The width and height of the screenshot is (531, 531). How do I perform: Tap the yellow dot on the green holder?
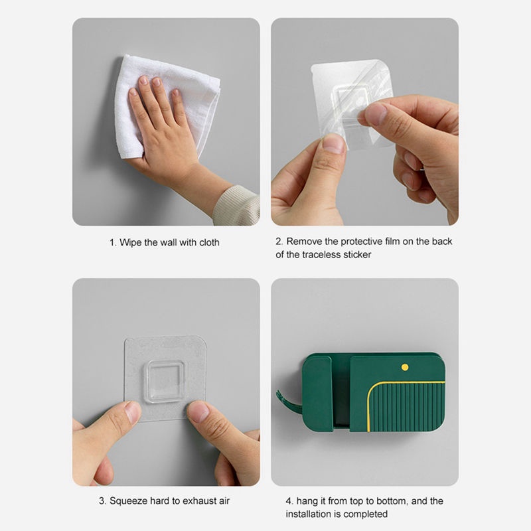405,367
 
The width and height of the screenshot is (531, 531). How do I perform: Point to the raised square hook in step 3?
165,381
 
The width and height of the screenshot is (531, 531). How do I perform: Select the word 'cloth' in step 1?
209,242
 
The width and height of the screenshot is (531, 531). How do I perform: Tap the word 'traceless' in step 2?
323,255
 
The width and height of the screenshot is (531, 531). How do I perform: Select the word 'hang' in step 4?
307,501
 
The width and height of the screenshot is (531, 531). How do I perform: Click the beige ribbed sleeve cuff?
237,205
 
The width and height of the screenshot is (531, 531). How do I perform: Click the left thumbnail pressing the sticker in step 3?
133,412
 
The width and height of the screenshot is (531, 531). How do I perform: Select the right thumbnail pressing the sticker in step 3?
198,411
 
